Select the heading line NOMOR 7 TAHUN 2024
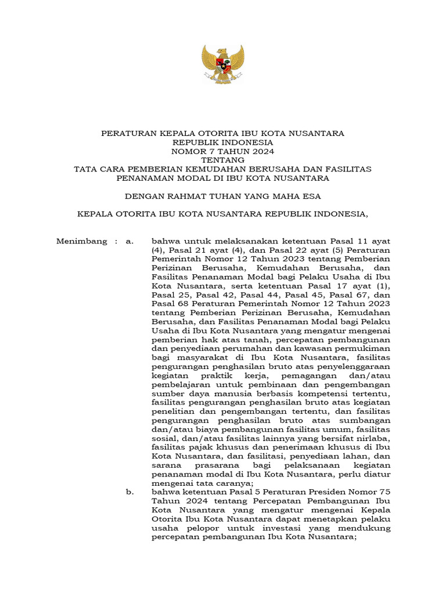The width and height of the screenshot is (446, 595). [222, 150]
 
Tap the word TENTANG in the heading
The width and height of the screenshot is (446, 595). [222, 159]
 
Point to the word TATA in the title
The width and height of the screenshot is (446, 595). [85, 169]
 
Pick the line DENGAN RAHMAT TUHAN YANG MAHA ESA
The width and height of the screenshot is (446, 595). [222, 195]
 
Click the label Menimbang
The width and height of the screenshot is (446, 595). [82, 241]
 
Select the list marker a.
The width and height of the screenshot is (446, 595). [130, 241]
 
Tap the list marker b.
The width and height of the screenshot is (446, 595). [130, 492]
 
